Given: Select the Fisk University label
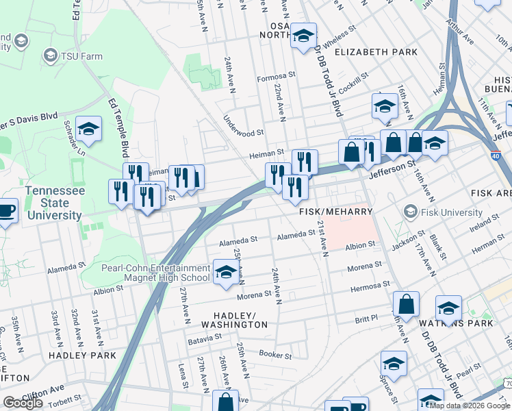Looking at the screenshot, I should pos(451,212).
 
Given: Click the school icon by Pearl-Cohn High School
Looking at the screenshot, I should pos(226,272).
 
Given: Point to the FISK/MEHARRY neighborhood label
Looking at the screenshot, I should pos(335,213).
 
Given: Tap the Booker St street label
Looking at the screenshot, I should pos(276,355).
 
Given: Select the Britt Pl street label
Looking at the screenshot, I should pos(366,318).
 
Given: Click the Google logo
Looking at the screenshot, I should pos(23,403).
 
